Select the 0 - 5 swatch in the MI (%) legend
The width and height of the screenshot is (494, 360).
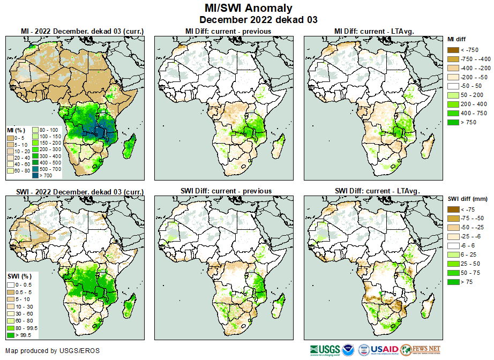pos(11,138)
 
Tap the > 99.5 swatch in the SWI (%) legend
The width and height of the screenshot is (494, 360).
pos(11,335)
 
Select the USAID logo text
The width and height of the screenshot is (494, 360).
pos(385,350)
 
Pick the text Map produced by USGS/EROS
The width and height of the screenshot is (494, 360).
pos(53,351)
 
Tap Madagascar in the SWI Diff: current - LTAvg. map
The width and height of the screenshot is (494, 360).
pos(428,306)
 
